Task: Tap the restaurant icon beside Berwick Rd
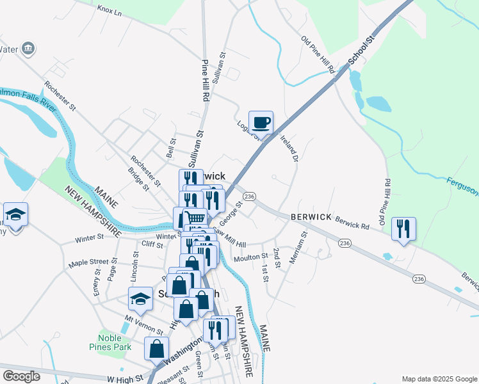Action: tap(403, 228)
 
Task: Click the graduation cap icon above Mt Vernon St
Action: tap(140, 298)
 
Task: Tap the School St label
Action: tap(360, 51)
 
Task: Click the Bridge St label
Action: tap(139, 179)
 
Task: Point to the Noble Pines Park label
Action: tap(115, 342)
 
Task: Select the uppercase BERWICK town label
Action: tap(311, 217)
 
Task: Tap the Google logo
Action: tap(21, 376)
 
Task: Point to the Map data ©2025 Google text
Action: tap(439, 379)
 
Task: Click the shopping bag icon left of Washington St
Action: tap(156, 349)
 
